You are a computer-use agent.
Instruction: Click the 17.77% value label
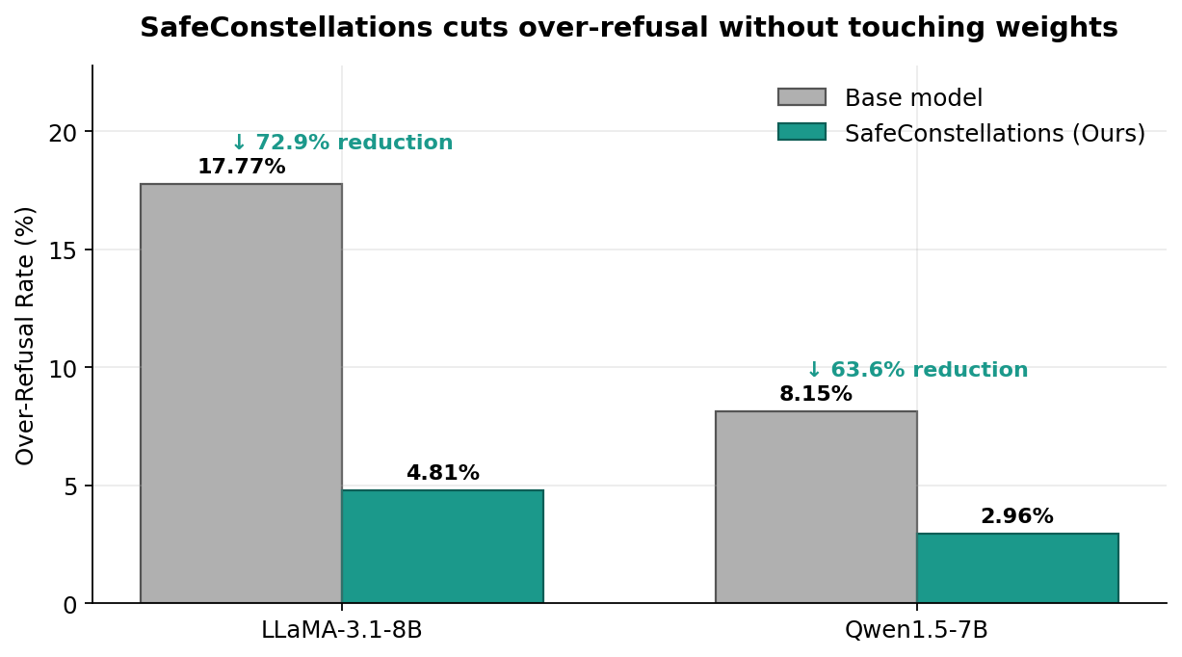(241, 167)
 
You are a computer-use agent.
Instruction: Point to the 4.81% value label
(442, 473)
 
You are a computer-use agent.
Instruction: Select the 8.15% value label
(816, 394)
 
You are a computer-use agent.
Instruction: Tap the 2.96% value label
(1017, 516)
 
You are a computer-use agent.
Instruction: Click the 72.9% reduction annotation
(342, 143)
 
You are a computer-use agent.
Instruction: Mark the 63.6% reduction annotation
(917, 370)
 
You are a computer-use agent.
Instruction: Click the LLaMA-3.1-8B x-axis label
(342, 630)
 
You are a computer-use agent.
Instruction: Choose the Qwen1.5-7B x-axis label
(916, 630)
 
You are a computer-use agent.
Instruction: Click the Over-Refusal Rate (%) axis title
(26, 334)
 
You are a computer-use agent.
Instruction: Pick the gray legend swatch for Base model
(801, 97)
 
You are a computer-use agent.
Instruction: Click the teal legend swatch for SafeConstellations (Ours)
(801, 132)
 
